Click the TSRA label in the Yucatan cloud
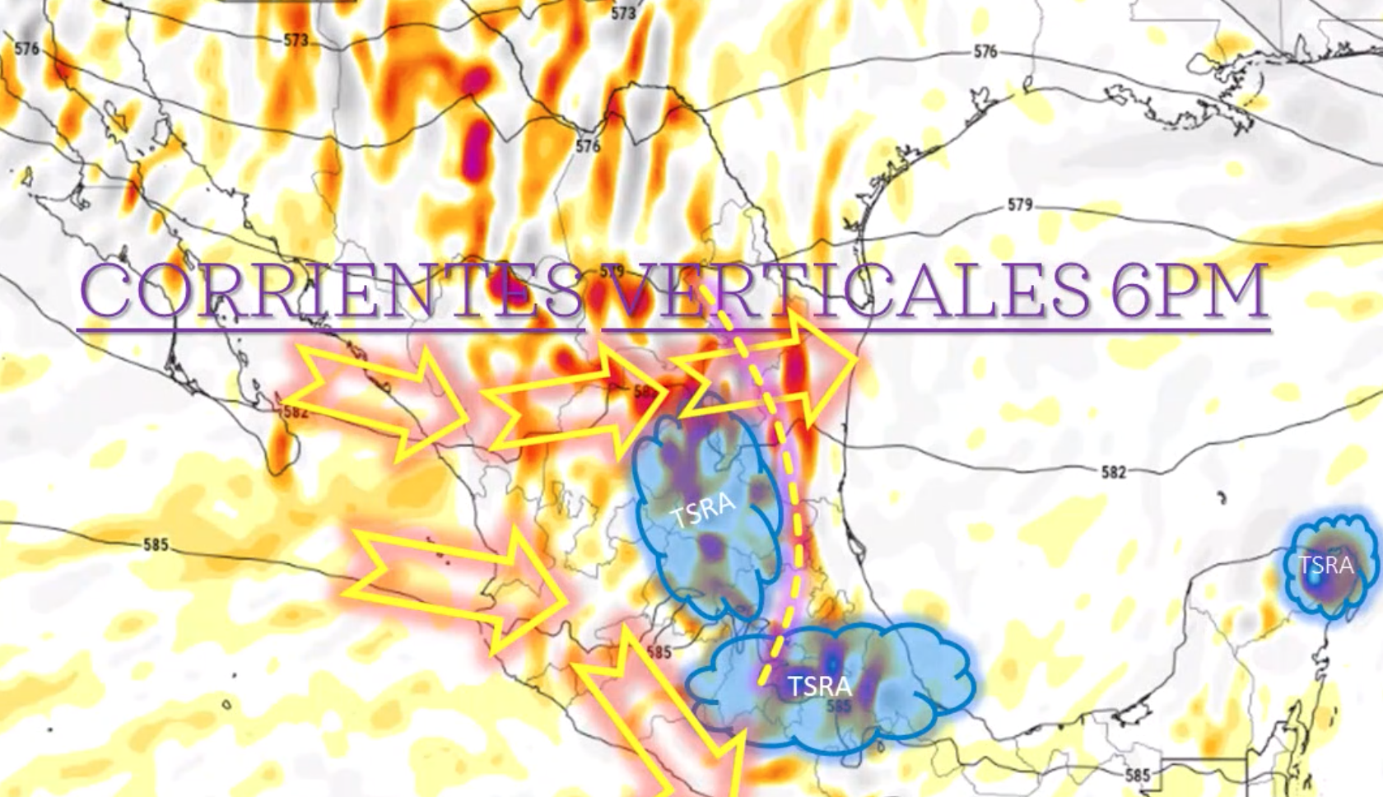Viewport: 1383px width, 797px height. click(x=1326, y=566)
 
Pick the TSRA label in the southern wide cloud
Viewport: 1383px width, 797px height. click(x=819, y=686)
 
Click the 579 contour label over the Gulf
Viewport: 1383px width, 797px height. click(x=1019, y=204)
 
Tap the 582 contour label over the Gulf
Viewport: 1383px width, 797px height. click(x=1113, y=472)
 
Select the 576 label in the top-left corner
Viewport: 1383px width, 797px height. click(x=26, y=49)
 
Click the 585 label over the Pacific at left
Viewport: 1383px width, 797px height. click(x=156, y=544)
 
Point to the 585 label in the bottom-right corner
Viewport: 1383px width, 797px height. click(x=1137, y=775)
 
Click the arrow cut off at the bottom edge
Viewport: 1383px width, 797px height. click(x=659, y=725)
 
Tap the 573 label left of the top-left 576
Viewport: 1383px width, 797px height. click(x=296, y=40)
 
